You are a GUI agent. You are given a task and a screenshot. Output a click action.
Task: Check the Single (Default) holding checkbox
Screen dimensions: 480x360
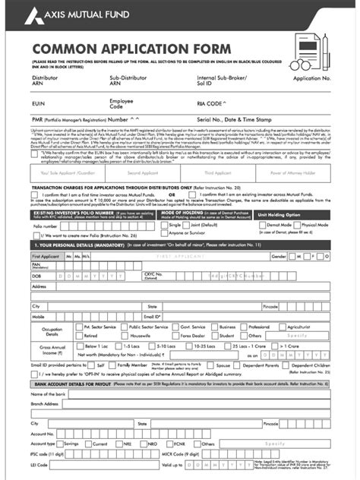click(x=165, y=226)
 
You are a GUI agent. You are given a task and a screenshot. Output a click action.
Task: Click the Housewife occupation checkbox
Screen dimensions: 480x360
click(x=125, y=335)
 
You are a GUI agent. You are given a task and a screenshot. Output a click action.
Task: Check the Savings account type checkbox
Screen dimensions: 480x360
click(x=61, y=443)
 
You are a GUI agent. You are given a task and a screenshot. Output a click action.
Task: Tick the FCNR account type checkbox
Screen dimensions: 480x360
click(x=190, y=443)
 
